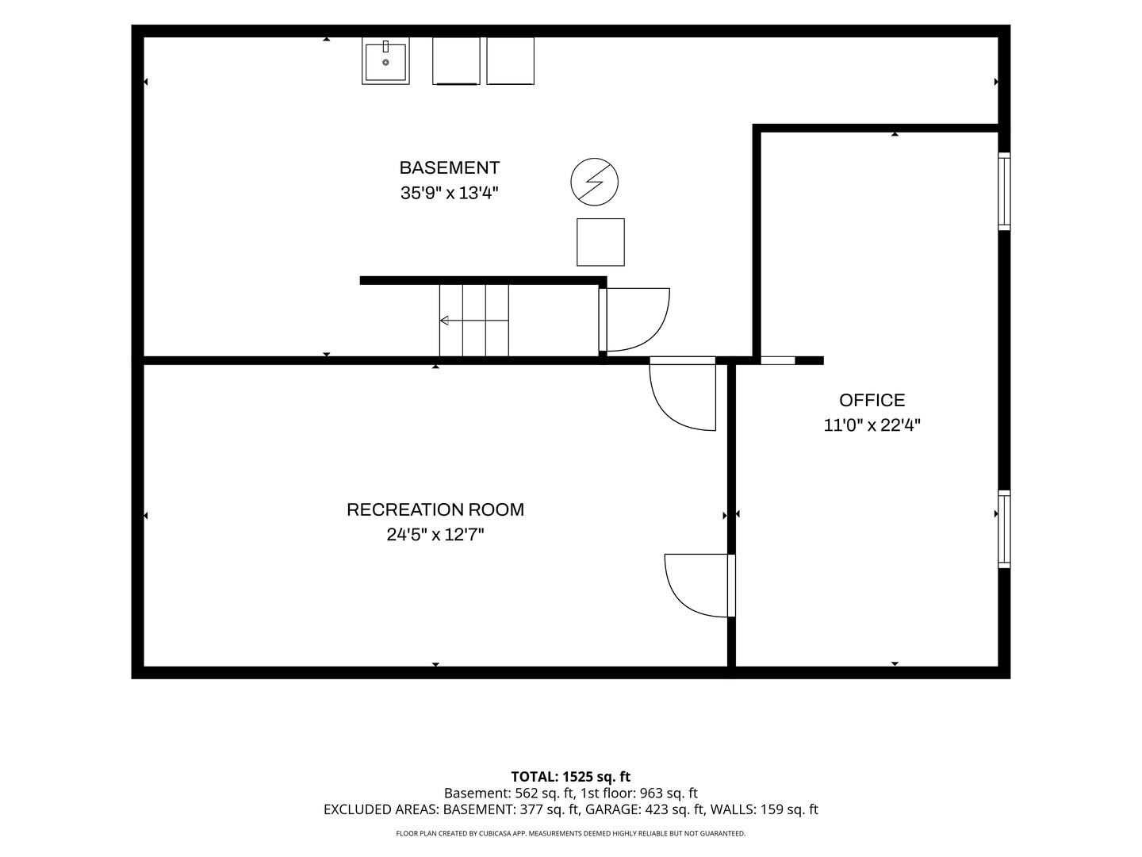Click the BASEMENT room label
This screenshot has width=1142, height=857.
point(450,167)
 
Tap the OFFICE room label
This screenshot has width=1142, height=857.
point(872,400)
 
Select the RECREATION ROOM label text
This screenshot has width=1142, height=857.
point(435,509)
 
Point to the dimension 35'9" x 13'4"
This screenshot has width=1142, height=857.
point(450,193)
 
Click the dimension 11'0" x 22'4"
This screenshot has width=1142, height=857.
point(872,425)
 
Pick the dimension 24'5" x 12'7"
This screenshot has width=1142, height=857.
point(435,534)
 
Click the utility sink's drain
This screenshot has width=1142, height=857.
point(385,63)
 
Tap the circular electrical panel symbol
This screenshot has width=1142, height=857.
point(594,182)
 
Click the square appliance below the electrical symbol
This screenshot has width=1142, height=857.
point(600,242)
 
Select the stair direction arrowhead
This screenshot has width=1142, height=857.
point(444,321)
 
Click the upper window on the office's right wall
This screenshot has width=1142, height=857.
point(1004,191)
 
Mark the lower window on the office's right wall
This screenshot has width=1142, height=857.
point(1004,528)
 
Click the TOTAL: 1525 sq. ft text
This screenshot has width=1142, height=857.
point(570,777)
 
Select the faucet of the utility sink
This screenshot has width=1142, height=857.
point(385,46)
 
